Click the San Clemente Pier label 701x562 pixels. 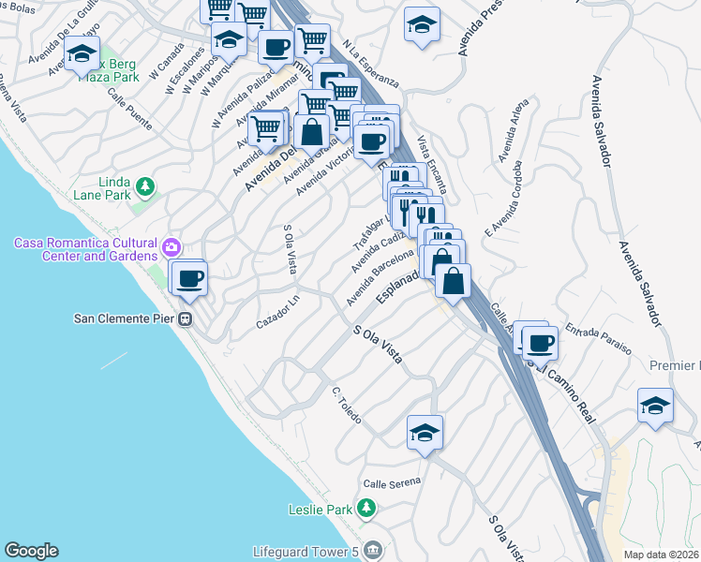[124, 318]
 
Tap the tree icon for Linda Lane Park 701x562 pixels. [144, 187]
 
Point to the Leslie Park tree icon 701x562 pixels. [366, 510]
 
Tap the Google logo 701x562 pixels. [31, 551]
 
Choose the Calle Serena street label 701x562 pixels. [392, 482]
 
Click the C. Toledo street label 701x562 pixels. [346, 405]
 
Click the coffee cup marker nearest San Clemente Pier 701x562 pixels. [190, 278]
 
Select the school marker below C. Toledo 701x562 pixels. [425, 433]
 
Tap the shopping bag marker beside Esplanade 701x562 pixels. [453, 280]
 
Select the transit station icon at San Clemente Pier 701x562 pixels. [186, 318]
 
